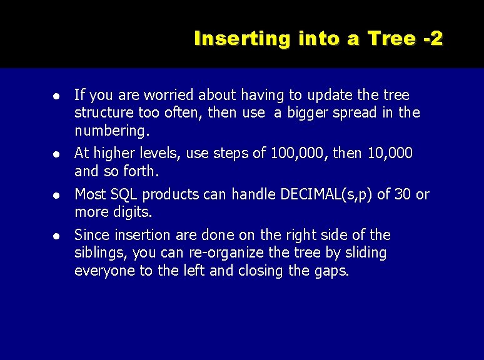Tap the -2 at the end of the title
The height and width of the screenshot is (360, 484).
click(433, 39)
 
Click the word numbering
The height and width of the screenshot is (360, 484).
click(111, 131)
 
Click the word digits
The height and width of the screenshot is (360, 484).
click(133, 212)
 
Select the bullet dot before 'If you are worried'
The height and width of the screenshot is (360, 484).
click(56, 96)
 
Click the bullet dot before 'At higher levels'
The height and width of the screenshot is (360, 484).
click(56, 154)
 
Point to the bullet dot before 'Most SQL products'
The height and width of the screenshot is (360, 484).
click(56, 195)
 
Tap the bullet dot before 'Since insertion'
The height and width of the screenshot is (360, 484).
click(56, 236)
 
